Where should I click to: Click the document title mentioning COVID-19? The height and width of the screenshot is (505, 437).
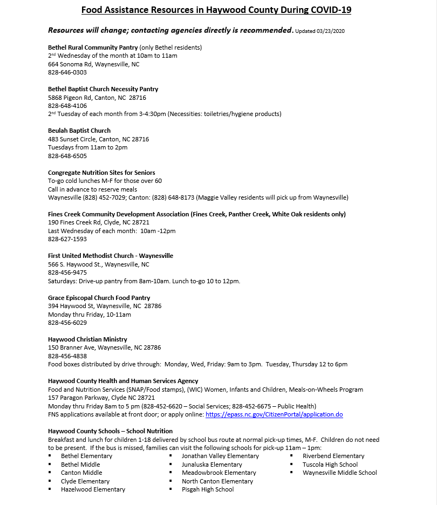tap(216, 10)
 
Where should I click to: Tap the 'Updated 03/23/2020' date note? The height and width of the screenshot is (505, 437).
tap(319, 31)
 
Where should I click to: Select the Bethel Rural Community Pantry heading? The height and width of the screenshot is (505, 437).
tap(93, 47)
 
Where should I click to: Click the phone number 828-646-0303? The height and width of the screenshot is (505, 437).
tap(67, 72)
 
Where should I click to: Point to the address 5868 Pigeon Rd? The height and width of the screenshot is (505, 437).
tap(97, 98)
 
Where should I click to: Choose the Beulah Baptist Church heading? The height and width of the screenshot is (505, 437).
tap(79, 131)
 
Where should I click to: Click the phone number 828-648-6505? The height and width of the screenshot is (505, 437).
tap(67, 156)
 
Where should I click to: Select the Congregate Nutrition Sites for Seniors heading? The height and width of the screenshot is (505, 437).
tap(101, 173)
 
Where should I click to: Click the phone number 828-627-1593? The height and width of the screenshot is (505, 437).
tap(67, 239)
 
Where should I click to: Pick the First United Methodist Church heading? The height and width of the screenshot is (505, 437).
tap(111, 256)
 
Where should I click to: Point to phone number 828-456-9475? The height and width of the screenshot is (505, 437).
tap(67, 272)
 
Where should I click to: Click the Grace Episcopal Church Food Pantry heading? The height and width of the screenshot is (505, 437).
tap(99, 298)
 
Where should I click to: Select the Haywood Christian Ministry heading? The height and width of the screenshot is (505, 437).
tap(87, 339)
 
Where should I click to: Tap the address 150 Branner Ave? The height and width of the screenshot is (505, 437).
tap(104, 347)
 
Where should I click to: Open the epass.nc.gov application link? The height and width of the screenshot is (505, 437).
tap(274, 414)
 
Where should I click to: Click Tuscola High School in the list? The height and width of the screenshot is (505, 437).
tap(330, 465)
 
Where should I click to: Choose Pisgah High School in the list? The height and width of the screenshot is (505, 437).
tap(208, 489)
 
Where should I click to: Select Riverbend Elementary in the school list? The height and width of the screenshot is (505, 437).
tap(333, 456)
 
